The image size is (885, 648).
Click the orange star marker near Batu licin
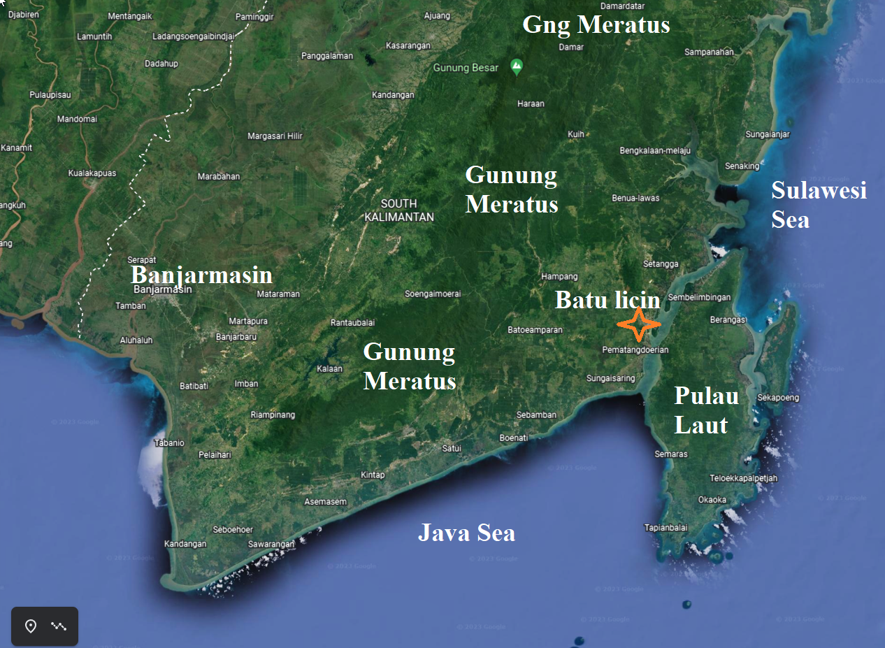pyautogui.click(x=638, y=324)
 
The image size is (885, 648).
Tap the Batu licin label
pyautogui.click(x=607, y=300)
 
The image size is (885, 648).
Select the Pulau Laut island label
pyautogui.click(x=706, y=410)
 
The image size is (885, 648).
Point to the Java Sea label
pyautogui.click(x=466, y=533)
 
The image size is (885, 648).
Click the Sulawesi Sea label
pyautogui.click(x=819, y=204)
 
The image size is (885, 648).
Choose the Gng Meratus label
pyautogui.click(x=596, y=25)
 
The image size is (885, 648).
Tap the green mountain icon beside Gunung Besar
pyautogui.click(x=517, y=67)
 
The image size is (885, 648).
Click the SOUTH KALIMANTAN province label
pyautogui.click(x=399, y=210)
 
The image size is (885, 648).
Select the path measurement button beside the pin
pyautogui.click(x=59, y=626)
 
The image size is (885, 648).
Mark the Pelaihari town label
pyautogui.click(x=215, y=454)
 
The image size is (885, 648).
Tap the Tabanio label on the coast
pyautogui.click(x=169, y=442)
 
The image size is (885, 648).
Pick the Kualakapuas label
pyautogui.click(x=92, y=173)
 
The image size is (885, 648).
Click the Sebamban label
pyautogui.click(x=536, y=415)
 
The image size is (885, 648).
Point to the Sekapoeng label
pyautogui.click(x=778, y=398)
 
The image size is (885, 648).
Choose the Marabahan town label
pyautogui.click(x=218, y=177)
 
